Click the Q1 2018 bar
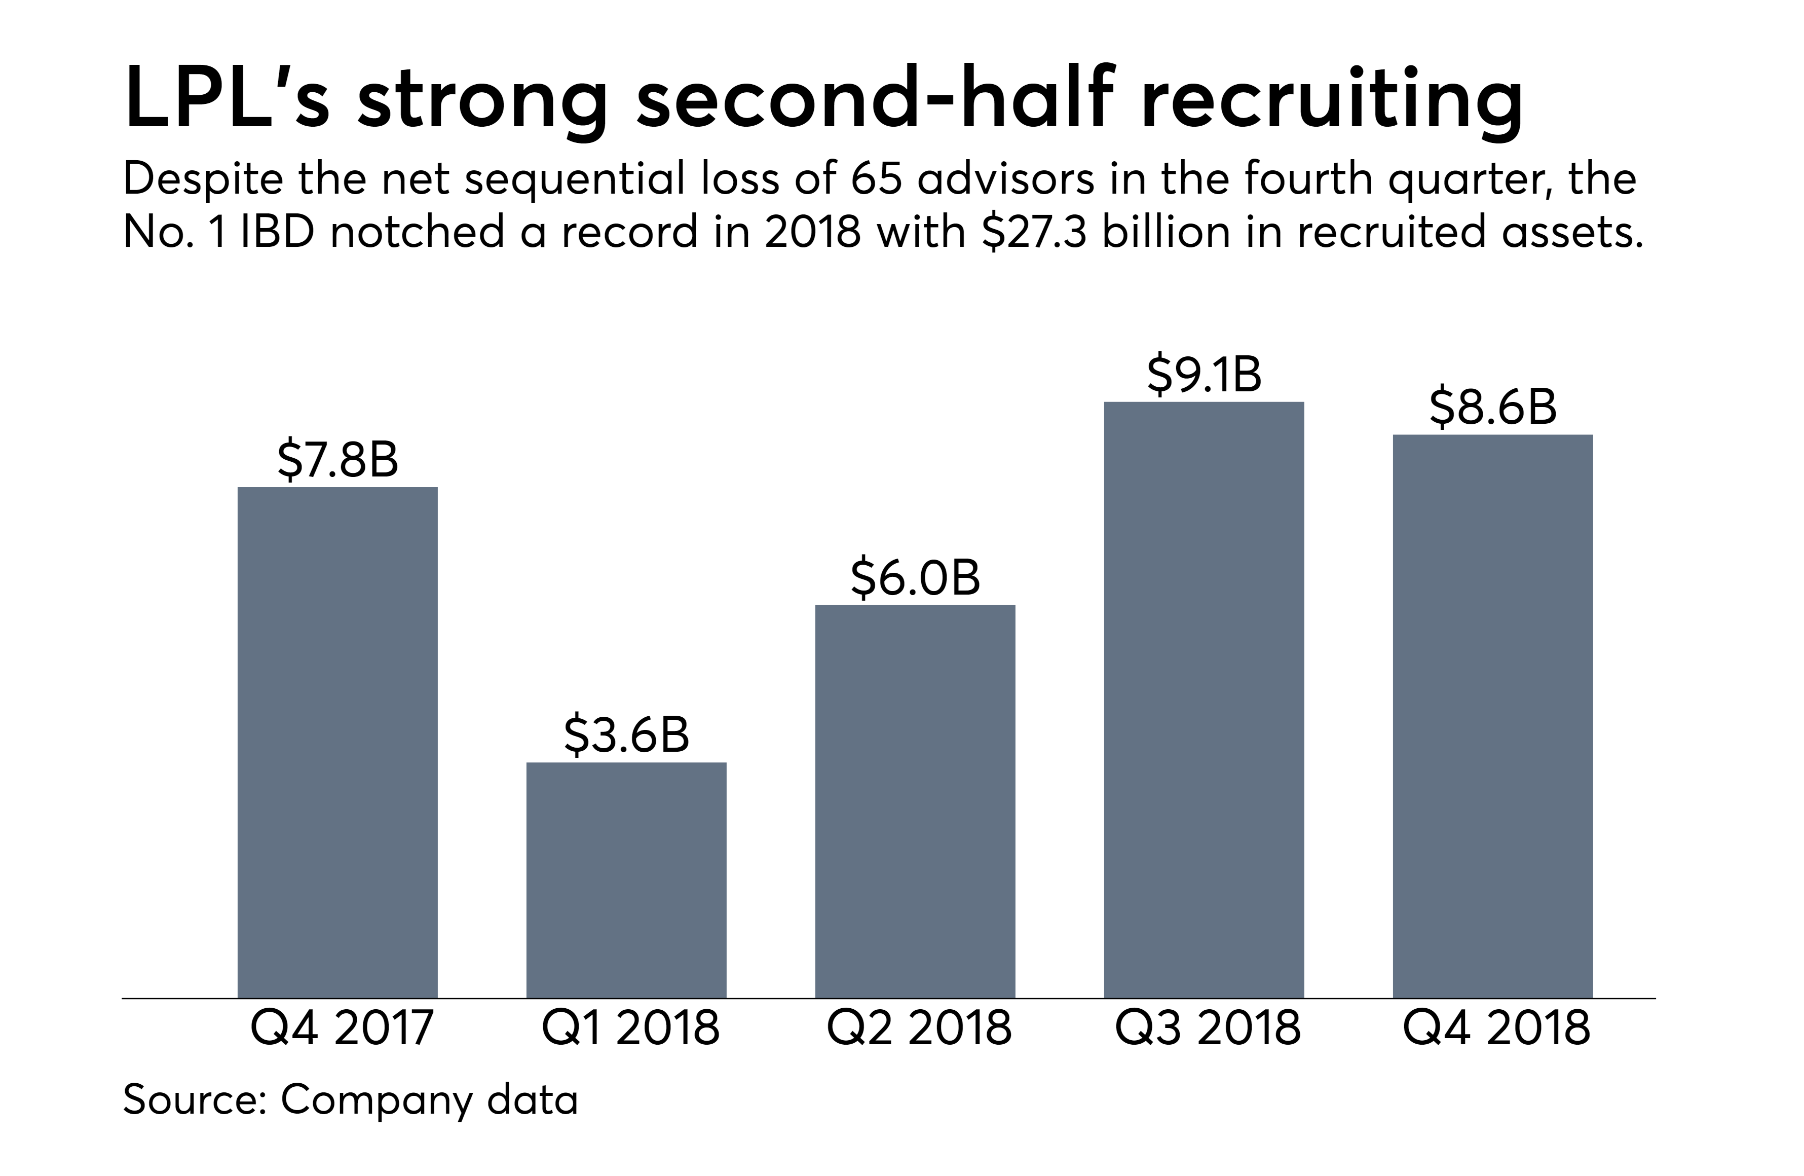(x=626, y=879)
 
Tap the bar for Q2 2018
(x=915, y=801)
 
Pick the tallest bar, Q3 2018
(x=1204, y=699)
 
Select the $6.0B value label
(x=915, y=578)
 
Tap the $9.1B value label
(x=1204, y=375)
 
